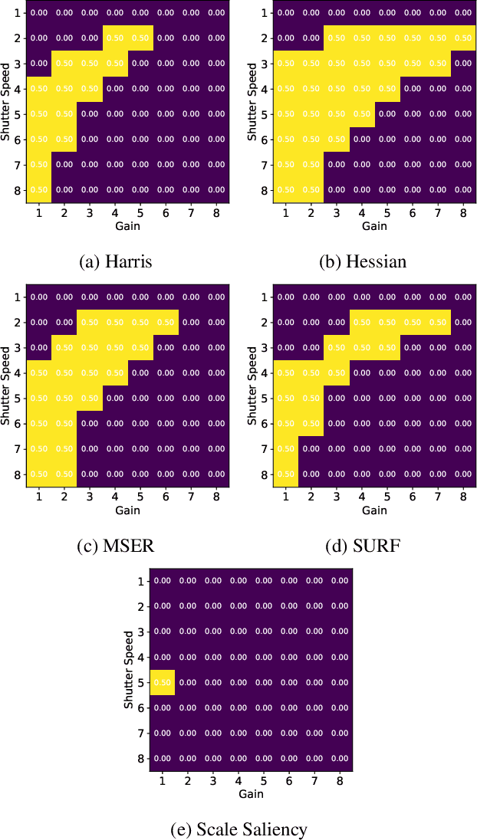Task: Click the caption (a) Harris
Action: click(x=116, y=262)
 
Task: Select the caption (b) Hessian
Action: click(x=362, y=262)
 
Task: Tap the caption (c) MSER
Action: click(x=116, y=546)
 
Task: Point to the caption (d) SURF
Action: click(x=362, y=546)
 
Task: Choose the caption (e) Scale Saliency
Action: click(x=238, y=829)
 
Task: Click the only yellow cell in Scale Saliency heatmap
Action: click(x=163, y=682)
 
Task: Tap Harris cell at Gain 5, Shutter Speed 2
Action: click(x=140, y=38)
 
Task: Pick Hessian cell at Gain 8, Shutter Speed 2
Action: click(x=462, y=38)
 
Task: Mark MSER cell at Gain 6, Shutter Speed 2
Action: click(x=166, y=323)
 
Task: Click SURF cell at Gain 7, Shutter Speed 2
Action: click(x=437, y=323)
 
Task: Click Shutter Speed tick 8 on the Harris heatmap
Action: click(x=18, y=190)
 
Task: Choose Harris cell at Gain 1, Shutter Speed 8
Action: click(x=39, y=190)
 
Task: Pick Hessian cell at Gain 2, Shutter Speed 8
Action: click(x=311, y=190)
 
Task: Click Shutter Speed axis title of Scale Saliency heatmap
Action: click(x=129, y=669)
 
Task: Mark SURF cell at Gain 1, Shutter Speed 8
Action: click(x=285, y=474)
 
